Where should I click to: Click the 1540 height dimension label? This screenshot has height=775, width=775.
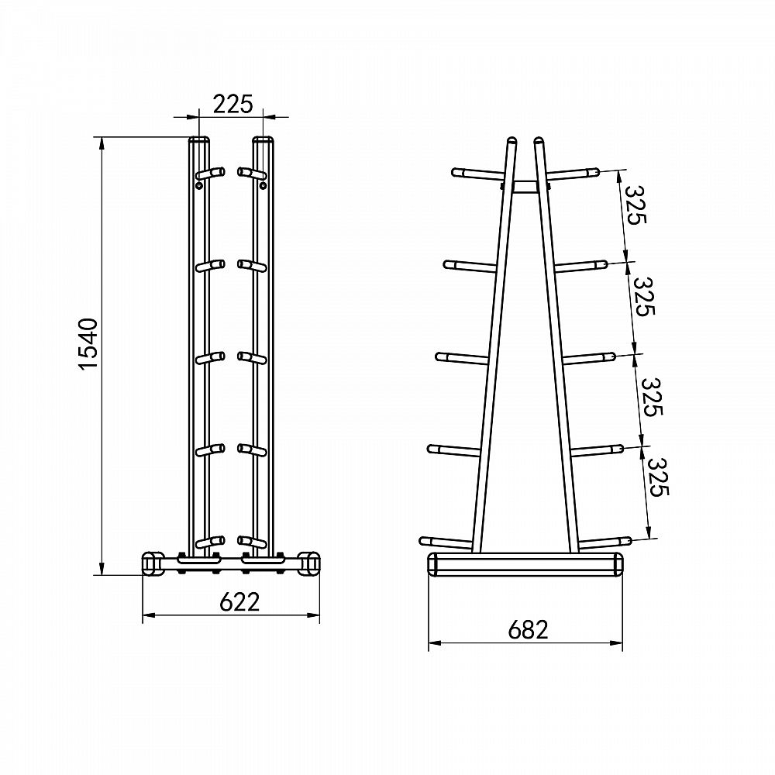click(89, 344)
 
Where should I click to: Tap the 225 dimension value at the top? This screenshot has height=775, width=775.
click(232, 105)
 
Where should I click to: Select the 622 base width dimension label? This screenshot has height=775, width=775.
click(239, 601)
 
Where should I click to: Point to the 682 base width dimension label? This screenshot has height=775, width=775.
click(528, 629)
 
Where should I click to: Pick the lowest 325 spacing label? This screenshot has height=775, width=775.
click(658, 477)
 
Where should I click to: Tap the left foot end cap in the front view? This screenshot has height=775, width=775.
click(153, 564)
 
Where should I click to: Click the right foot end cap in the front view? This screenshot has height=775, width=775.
click(309, 564)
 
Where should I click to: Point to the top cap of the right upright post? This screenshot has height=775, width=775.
click(263, 139)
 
